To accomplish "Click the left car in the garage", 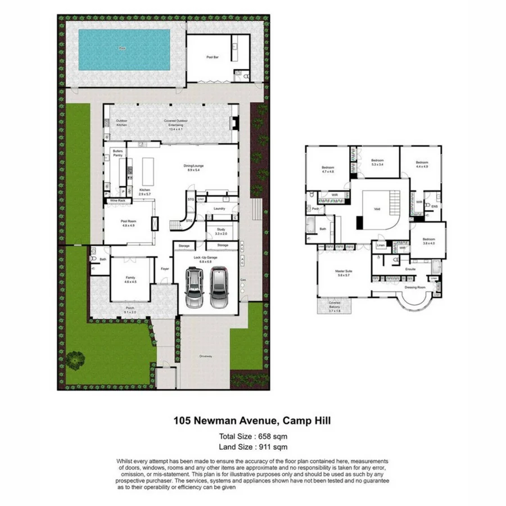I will pos(195,287).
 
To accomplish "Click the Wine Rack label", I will pos(117,200).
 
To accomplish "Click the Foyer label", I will pos(165,269).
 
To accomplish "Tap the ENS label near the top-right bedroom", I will pos(435,206).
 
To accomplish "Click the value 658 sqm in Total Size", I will pos(275,436).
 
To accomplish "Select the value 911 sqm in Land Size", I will pos(275,447).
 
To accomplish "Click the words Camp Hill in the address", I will pos(306,420).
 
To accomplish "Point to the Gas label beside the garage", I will pos(243,279).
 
